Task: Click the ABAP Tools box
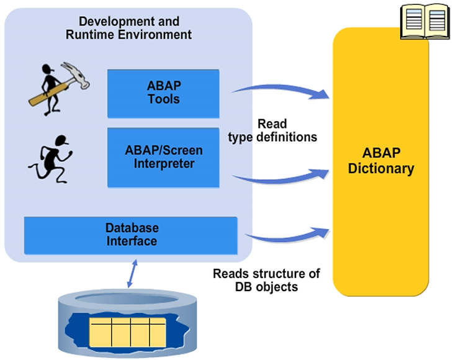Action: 163,93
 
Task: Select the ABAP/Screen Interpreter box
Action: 163,157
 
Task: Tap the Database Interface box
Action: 131,235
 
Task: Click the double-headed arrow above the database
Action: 130,274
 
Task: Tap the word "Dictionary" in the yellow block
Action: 381,168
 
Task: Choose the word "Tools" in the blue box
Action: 163,99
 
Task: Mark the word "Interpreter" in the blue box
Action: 163,164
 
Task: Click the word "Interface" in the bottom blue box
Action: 131,241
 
